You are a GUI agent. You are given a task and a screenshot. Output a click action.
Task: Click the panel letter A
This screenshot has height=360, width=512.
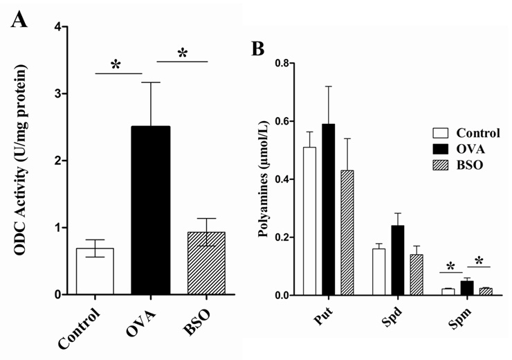coord(20,19)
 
